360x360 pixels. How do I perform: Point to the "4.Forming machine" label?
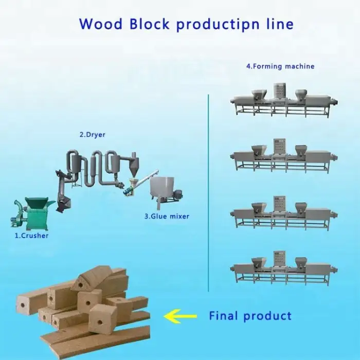(x=280, y=66)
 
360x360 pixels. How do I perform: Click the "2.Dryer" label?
(x=92, y=135)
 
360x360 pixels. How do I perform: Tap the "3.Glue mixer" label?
(x=166, y=217)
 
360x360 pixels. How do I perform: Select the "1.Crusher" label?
(x=31, y=236)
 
